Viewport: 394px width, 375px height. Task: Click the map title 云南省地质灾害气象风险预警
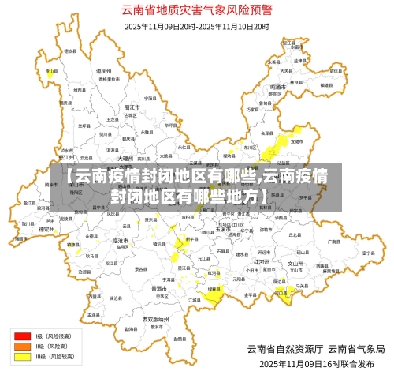click(197, 10)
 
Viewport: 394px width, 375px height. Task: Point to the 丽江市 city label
click(132, 107)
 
